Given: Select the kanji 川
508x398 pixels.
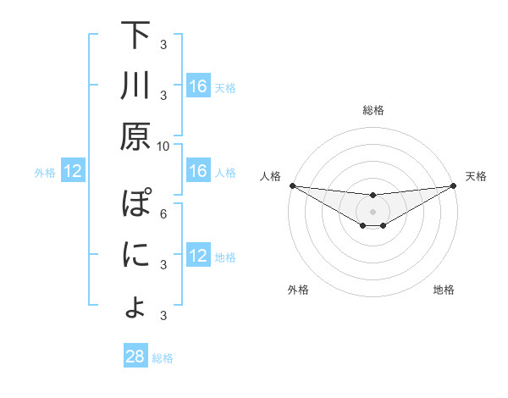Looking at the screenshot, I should [135, 86].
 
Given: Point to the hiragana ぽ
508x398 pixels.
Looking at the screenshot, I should [135, 206].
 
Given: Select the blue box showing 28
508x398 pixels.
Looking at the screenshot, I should [135, 357].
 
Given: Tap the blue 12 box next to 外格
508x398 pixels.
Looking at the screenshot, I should [73, 172].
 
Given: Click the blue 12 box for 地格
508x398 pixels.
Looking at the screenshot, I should [198, 257].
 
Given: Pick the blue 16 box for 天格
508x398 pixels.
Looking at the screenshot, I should [198, 86].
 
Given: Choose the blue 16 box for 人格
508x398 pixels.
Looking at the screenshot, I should [198, 172].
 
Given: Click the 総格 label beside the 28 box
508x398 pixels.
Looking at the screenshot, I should [163, 357].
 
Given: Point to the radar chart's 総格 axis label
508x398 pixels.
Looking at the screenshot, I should [373, 110].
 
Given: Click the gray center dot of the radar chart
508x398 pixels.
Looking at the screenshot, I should [373, 211].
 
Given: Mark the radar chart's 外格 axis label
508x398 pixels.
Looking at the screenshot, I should [298, 290].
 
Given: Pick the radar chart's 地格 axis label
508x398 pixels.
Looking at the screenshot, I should [444, 290].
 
